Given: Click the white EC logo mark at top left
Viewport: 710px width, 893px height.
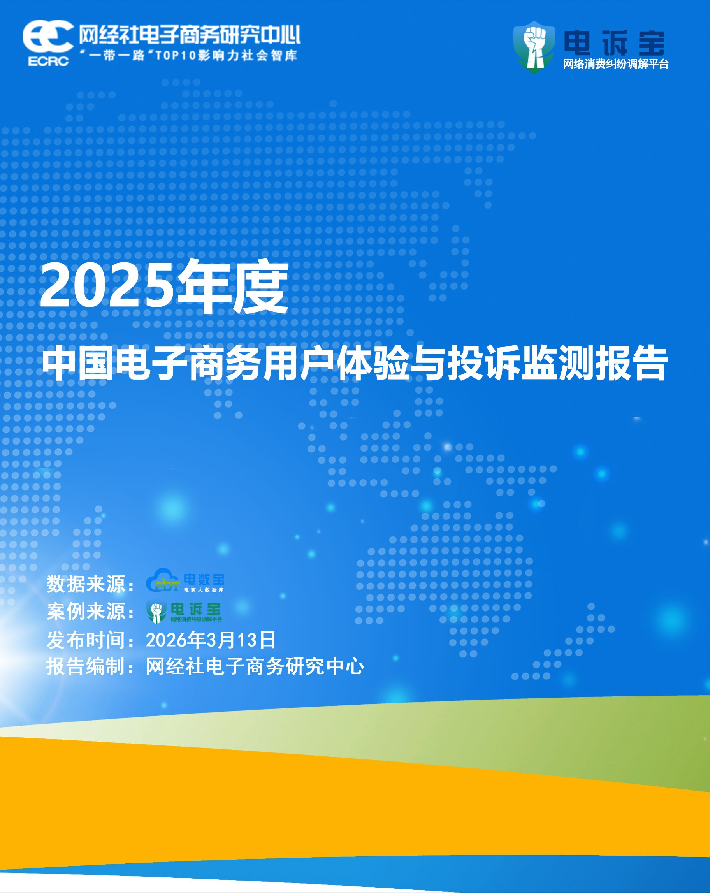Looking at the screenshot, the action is tap(48, 37).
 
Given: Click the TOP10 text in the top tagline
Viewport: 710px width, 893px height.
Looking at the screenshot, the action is tap(175, 56).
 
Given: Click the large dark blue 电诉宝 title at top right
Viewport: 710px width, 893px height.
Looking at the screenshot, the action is tap(613, 43).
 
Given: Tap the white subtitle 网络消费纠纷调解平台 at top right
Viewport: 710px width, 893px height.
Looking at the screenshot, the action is tap(615, 64).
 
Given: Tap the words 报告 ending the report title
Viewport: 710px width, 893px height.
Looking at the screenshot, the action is tap(632, 364).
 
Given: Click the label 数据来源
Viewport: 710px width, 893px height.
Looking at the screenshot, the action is tap(86, 584).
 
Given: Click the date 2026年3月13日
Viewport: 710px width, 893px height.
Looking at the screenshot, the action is tap(211, 640).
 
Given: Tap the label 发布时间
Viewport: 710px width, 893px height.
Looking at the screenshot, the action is tap(86, 640).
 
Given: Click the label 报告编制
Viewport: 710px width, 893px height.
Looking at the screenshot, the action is tap(86, 666).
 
